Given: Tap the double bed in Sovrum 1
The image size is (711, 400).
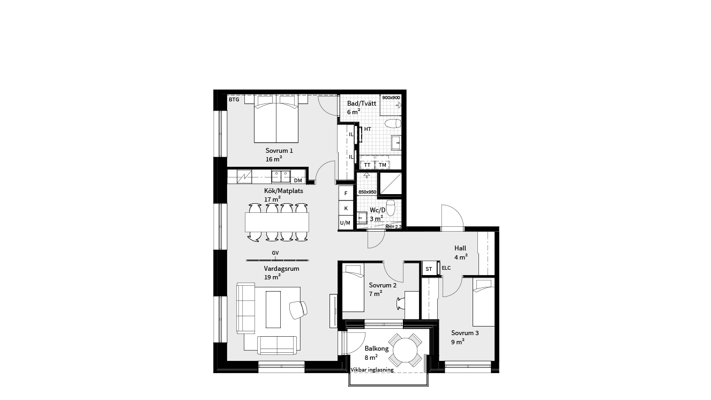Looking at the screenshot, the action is tap(276, 119).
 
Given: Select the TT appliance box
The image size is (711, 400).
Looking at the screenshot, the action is tap(367, 165).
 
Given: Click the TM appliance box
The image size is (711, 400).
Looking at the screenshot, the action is tap(383, 165).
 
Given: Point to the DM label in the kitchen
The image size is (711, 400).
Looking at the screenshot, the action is tap(298, 181).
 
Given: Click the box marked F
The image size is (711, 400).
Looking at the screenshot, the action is tap(346, 193).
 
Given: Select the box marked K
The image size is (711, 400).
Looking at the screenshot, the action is tap(346, 209).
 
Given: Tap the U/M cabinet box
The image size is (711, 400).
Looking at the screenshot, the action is tap(346, 223).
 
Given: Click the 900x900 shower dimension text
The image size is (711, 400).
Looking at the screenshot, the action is tap(391, 98).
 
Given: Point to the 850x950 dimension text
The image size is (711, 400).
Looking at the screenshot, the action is tap(367, 192).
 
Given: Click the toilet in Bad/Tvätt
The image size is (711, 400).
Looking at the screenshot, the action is tap(393, 123).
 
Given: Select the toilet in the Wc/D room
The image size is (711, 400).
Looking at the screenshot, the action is tap(391, 207).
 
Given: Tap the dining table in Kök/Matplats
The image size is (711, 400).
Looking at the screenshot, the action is tap(277, 222).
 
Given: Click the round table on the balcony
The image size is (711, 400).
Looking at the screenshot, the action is tap(405, 350).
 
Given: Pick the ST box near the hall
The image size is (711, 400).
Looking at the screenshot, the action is tap(429, 269).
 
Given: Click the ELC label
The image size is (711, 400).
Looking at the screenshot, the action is tap(446, 268).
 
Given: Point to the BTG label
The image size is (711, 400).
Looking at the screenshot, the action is tap(234, 99).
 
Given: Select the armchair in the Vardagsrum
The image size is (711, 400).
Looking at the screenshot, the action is tap(298, 309).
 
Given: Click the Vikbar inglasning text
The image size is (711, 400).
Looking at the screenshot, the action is tap(372, 370).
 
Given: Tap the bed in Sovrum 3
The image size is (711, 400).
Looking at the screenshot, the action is tap(483, 302).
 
